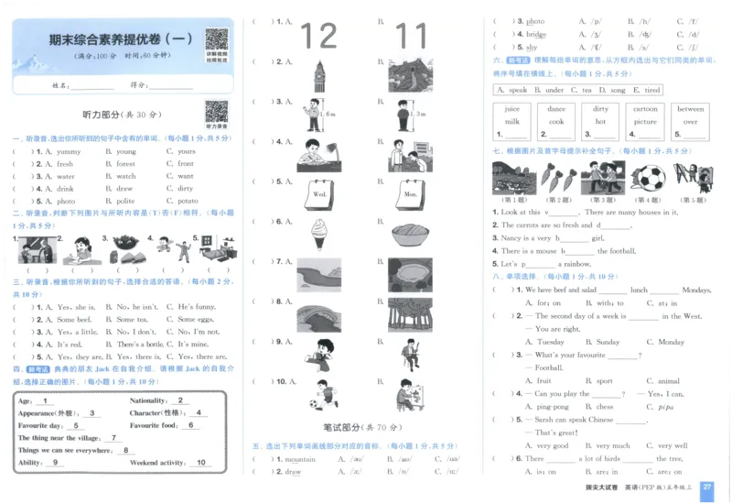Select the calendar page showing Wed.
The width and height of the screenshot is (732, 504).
click(x=319, y=194)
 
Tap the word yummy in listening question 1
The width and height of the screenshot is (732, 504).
click(x=69, y=151)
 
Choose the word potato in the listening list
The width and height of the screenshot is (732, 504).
click(x=187, y=201)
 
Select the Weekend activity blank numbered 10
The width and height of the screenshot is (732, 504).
click(x=200, y=463)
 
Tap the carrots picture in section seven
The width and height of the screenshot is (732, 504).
click(x=556, y=177)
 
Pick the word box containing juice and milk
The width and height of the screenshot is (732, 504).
click(x=511, y=115)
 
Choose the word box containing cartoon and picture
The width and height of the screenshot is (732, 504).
click(x=645, y=115)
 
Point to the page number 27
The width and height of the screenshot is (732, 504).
click(x=706, y=488)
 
